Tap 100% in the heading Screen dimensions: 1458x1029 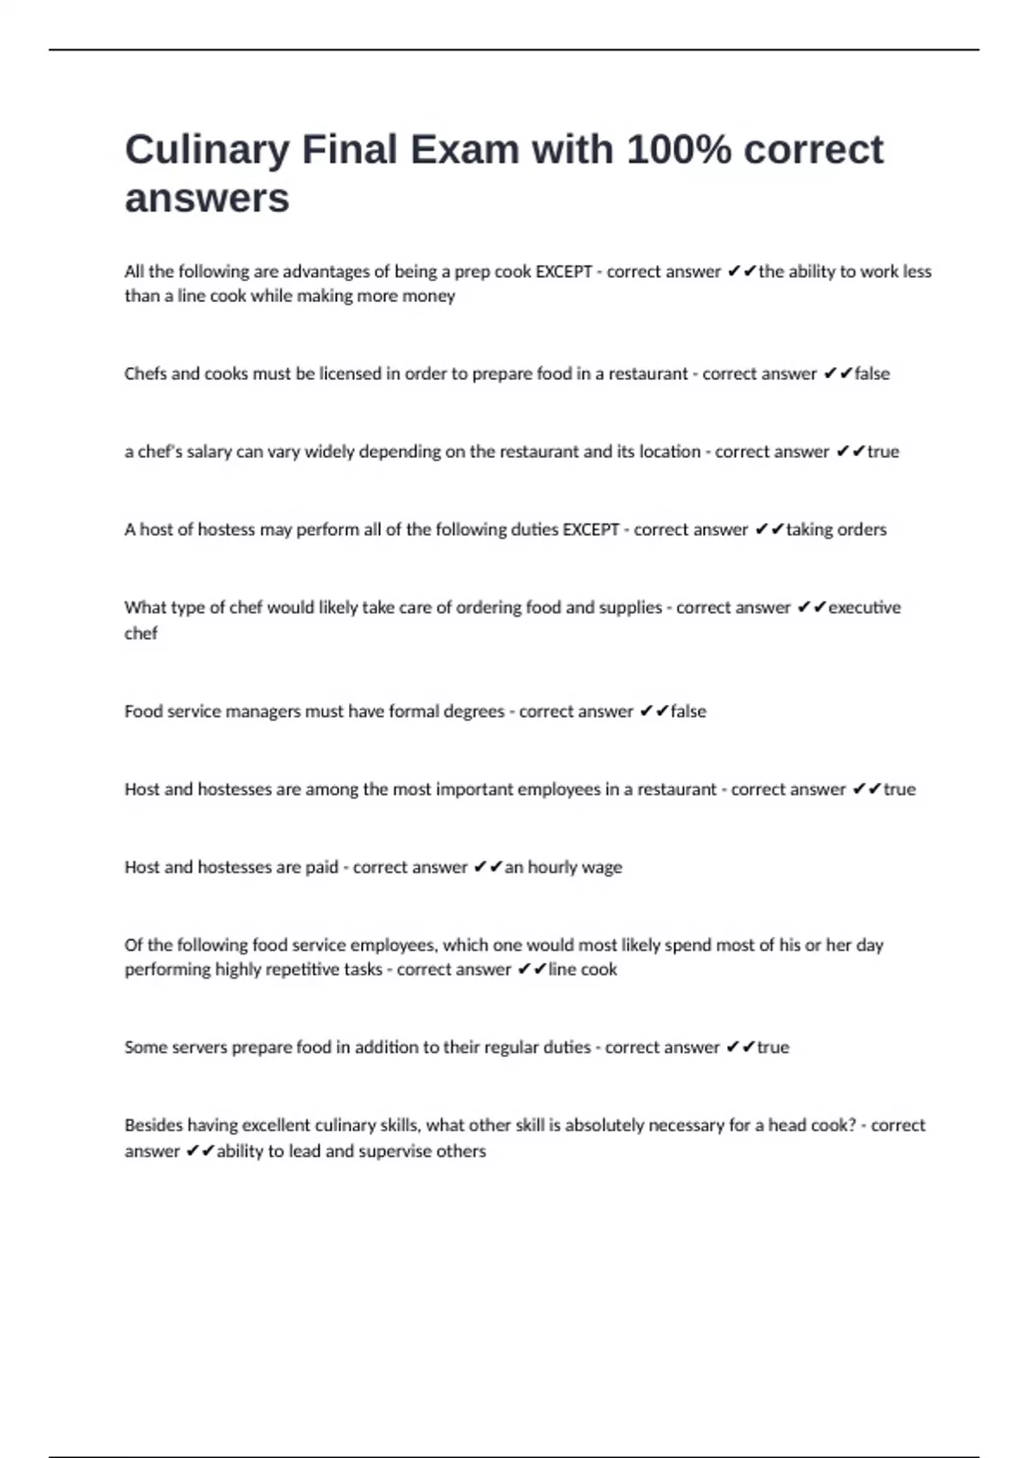[679, 150]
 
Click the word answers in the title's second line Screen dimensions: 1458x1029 [207, 198]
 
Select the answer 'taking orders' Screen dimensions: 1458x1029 [836, 530]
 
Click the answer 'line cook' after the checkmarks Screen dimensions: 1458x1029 [582, 970]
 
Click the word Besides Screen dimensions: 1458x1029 [153, 1125]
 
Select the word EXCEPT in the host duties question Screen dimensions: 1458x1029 [590, 530]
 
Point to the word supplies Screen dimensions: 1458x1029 [630, 608]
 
